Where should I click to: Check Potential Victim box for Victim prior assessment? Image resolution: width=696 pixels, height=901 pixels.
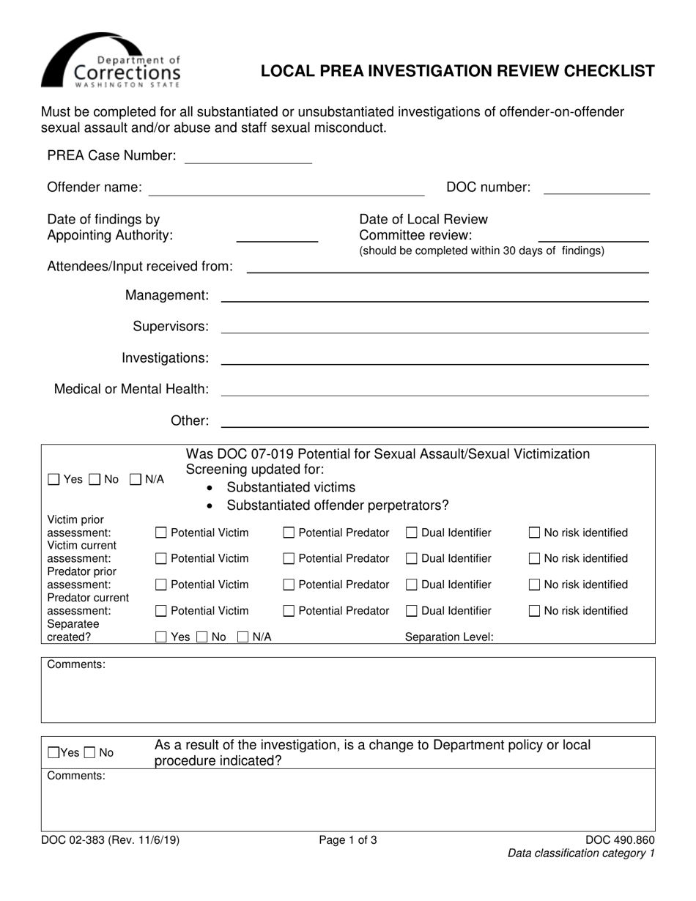162,533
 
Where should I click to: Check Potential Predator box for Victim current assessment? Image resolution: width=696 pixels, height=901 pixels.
289,559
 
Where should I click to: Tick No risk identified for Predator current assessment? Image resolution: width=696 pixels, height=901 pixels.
535,611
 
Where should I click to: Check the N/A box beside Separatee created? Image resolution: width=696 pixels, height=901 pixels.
243,637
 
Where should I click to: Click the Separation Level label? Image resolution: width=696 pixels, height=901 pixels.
449,637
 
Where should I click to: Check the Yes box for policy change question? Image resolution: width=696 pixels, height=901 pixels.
53,753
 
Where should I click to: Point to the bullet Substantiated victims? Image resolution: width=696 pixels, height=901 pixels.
291,488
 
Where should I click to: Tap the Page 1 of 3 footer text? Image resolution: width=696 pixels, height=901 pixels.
348,840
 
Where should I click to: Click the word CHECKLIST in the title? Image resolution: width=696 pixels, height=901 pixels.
607,71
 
